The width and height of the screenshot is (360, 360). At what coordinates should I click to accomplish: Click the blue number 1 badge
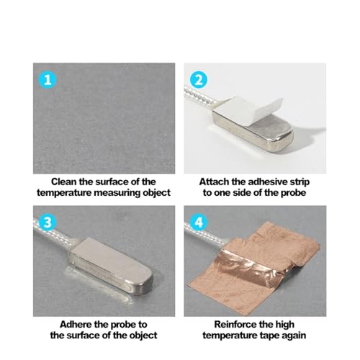pos(48,79)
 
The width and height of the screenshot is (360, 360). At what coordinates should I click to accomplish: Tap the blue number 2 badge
pos(199,79)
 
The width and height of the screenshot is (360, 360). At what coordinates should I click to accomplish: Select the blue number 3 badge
pos(48,222)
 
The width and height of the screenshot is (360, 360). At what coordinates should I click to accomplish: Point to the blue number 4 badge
pos(199,222)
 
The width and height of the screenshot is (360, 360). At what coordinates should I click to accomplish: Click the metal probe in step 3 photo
pos(113,266)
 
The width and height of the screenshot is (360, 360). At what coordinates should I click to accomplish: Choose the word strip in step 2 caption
pos(300,182)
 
